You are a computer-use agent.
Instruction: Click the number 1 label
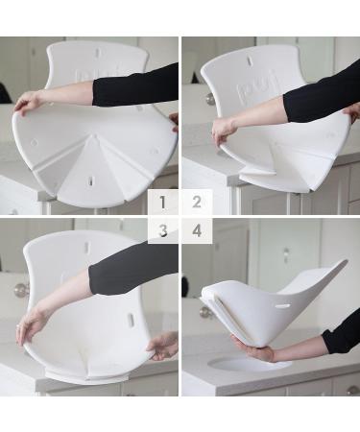tap(163, 203)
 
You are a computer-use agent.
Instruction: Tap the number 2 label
tap(197, 203)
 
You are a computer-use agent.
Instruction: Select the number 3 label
tap(163, 230)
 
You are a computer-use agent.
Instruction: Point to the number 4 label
tap(197, 230)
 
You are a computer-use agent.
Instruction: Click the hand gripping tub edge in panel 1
tap(28, 100)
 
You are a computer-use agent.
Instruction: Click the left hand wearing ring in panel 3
tap(30, 326)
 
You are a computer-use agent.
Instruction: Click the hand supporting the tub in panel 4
tap(252, 351)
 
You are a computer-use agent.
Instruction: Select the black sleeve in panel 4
tap(342, 336)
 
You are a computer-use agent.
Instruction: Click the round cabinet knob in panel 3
tap(20, 290)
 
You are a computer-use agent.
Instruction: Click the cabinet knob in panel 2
tap(210, 98)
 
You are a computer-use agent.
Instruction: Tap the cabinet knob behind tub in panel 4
tap(204, 312)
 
